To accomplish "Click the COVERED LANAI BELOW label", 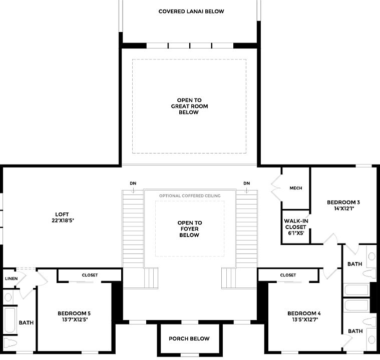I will click(x=191, y=11).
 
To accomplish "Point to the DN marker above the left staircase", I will click(x=133, y=183).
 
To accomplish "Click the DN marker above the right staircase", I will click(x=246, y=183).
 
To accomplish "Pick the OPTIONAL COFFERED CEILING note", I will click(x=189, y=196).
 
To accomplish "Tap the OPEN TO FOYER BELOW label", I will click(x=189, y=229).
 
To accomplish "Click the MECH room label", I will click(x=296, y=188).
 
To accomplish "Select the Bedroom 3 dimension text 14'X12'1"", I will click(x=343, y=209).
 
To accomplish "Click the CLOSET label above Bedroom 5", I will click(x=90, y=275).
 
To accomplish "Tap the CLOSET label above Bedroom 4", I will click(x=288, y=275).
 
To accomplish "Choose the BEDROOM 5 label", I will click(x=74, y=313).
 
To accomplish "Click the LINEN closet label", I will click(x=11, y=278).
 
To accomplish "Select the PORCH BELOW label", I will click(x=189, y=339).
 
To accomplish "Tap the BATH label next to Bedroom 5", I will click(x=26, y=322).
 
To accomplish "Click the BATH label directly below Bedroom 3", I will click(x=354, y=263).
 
